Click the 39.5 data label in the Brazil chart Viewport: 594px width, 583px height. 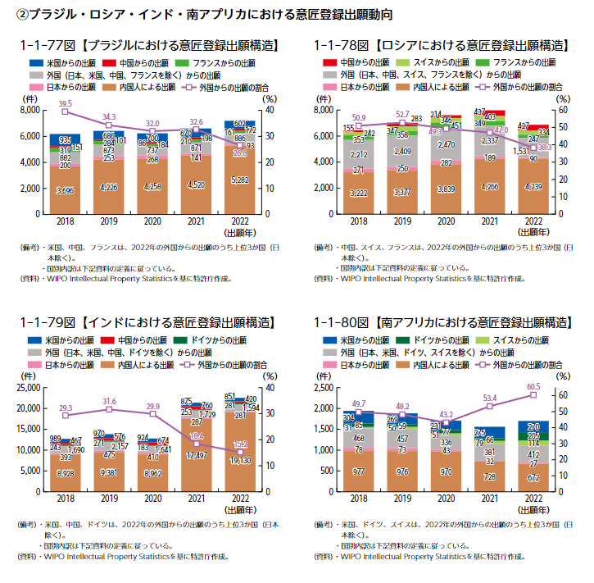click(66, 102)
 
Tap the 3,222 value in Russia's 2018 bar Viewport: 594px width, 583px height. click(359, 194)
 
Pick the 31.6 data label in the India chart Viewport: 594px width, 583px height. click(109, 401)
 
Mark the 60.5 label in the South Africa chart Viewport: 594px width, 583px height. click(533, 386)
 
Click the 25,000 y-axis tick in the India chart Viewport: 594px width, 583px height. click(26, 387)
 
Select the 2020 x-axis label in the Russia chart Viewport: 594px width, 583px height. click(445, 221)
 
